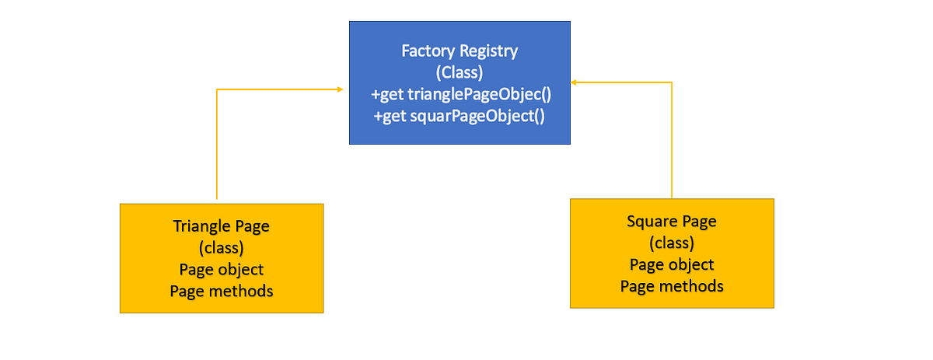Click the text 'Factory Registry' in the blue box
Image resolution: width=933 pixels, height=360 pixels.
coord(460,51)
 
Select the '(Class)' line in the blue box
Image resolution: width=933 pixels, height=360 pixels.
coord(460,73)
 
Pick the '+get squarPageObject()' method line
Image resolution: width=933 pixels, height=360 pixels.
coord(459,117)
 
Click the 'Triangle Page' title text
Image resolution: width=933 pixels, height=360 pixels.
coord(221,226)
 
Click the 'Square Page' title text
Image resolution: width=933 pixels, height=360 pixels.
coord(671,221)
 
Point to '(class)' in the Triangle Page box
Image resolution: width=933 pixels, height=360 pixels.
coord(221,248)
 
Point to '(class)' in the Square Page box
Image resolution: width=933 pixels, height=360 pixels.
coord(671,243)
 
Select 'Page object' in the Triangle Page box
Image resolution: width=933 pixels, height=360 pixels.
coord(221,270)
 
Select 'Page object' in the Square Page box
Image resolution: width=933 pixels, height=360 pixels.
coord(671,264)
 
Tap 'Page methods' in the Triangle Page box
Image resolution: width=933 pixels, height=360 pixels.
coord(221,292)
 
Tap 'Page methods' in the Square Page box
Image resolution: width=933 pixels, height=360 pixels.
coord(671,286)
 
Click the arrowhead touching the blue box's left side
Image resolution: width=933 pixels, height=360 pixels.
coord(341,89)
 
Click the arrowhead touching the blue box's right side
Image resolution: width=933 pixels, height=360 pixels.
coord(574,81)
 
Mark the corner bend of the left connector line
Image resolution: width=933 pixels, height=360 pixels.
coord(217,89)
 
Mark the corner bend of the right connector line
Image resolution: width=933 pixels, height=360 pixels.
coord(672,82)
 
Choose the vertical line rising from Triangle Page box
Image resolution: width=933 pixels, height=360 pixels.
coord(217,148)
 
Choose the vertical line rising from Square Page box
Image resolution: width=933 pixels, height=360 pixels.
coord(672,140)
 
